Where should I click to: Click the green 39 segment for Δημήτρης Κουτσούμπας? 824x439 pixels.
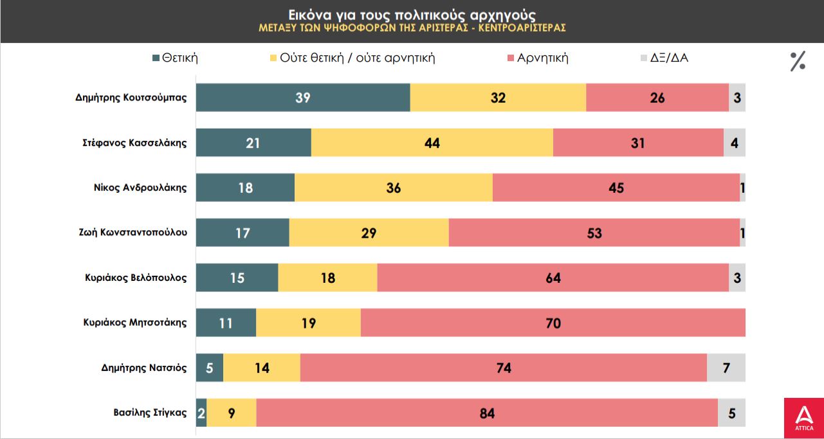[x=303, y=98]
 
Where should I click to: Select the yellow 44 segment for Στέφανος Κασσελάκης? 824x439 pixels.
[x=432, y=143]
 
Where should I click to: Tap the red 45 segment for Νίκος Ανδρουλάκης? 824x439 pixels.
[x=616, y=188]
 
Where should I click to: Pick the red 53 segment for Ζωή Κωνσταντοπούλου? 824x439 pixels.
[x=594, y=233]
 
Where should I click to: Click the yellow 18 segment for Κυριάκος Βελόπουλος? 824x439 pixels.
[x=327, y=278]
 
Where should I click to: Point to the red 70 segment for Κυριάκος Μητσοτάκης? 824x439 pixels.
[x=553, y=323]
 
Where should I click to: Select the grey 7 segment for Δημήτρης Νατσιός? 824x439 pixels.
[x=726, y=368]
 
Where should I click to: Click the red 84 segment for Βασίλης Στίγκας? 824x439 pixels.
[x=487, y=413]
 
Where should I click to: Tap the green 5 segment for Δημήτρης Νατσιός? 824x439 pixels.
[x=210, y=368]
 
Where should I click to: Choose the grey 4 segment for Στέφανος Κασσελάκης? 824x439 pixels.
[x=735, y=143]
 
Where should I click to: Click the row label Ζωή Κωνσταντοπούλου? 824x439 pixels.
[x=133, y=233]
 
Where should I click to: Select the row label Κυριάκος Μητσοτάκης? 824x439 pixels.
[x=135, y=323]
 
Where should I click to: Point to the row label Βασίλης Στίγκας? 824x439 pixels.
[x=150, y=413]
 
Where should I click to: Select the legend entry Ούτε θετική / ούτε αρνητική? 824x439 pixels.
[x=352, y=58]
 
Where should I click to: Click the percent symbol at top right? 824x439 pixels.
[x=798, y=61]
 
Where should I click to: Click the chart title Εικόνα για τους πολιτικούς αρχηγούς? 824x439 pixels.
[x=412, y=14]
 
